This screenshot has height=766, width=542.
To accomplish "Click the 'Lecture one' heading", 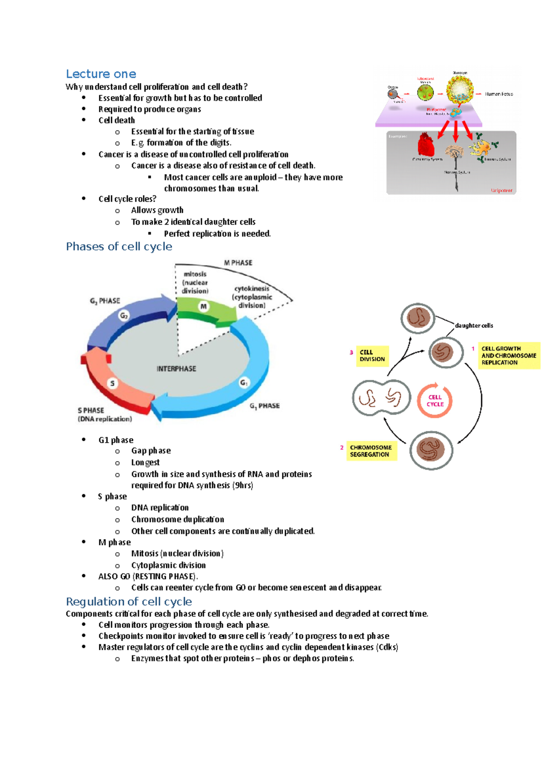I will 101,74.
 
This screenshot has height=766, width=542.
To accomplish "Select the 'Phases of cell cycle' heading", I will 119,247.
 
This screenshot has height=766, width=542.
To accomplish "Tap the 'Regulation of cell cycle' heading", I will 129,602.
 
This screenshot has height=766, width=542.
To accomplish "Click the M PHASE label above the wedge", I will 238,263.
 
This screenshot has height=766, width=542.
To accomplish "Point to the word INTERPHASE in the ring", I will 176,369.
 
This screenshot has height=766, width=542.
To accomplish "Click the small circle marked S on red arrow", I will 112,383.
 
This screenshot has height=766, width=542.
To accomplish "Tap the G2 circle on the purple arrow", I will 124,316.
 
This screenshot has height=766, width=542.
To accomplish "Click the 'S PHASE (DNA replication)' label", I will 104,415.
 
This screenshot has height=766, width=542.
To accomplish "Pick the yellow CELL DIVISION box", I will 372,355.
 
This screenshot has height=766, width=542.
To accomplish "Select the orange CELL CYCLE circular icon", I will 435,401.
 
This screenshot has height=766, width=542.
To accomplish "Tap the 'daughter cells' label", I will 474,325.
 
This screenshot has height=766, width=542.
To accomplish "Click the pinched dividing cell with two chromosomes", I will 381,398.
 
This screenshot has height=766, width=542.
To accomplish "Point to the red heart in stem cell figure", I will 425,144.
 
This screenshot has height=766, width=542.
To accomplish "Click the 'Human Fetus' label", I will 499,94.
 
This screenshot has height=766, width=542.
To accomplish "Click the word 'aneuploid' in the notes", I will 260,177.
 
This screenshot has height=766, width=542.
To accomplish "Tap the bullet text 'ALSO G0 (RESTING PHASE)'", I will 148,577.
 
